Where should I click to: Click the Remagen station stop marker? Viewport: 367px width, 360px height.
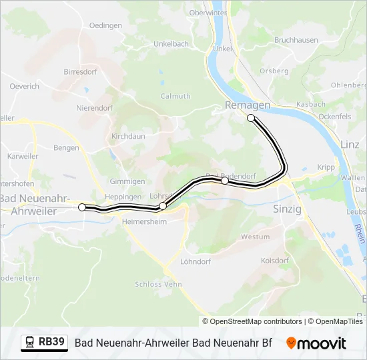[251, 118]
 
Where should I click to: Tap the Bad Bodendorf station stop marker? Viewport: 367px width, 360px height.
[225, 181]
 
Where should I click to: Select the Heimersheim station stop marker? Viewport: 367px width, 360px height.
[163, 206]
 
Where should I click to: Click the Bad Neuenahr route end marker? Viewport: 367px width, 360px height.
[82, 207]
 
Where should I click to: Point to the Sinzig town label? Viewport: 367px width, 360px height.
[288, 209]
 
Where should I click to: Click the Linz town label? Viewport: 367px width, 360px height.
[350, 144]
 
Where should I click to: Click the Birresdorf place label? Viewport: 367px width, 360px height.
[81, 71]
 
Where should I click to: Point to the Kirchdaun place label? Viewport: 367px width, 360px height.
[128, 135]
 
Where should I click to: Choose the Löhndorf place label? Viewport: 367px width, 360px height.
[196, 262]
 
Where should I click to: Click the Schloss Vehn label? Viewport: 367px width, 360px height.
[158, 284]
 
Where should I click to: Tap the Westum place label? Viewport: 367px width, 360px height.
[256, 237]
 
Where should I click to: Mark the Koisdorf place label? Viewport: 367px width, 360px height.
[274, 261]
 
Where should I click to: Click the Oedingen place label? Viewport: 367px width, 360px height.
[105, 25]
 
